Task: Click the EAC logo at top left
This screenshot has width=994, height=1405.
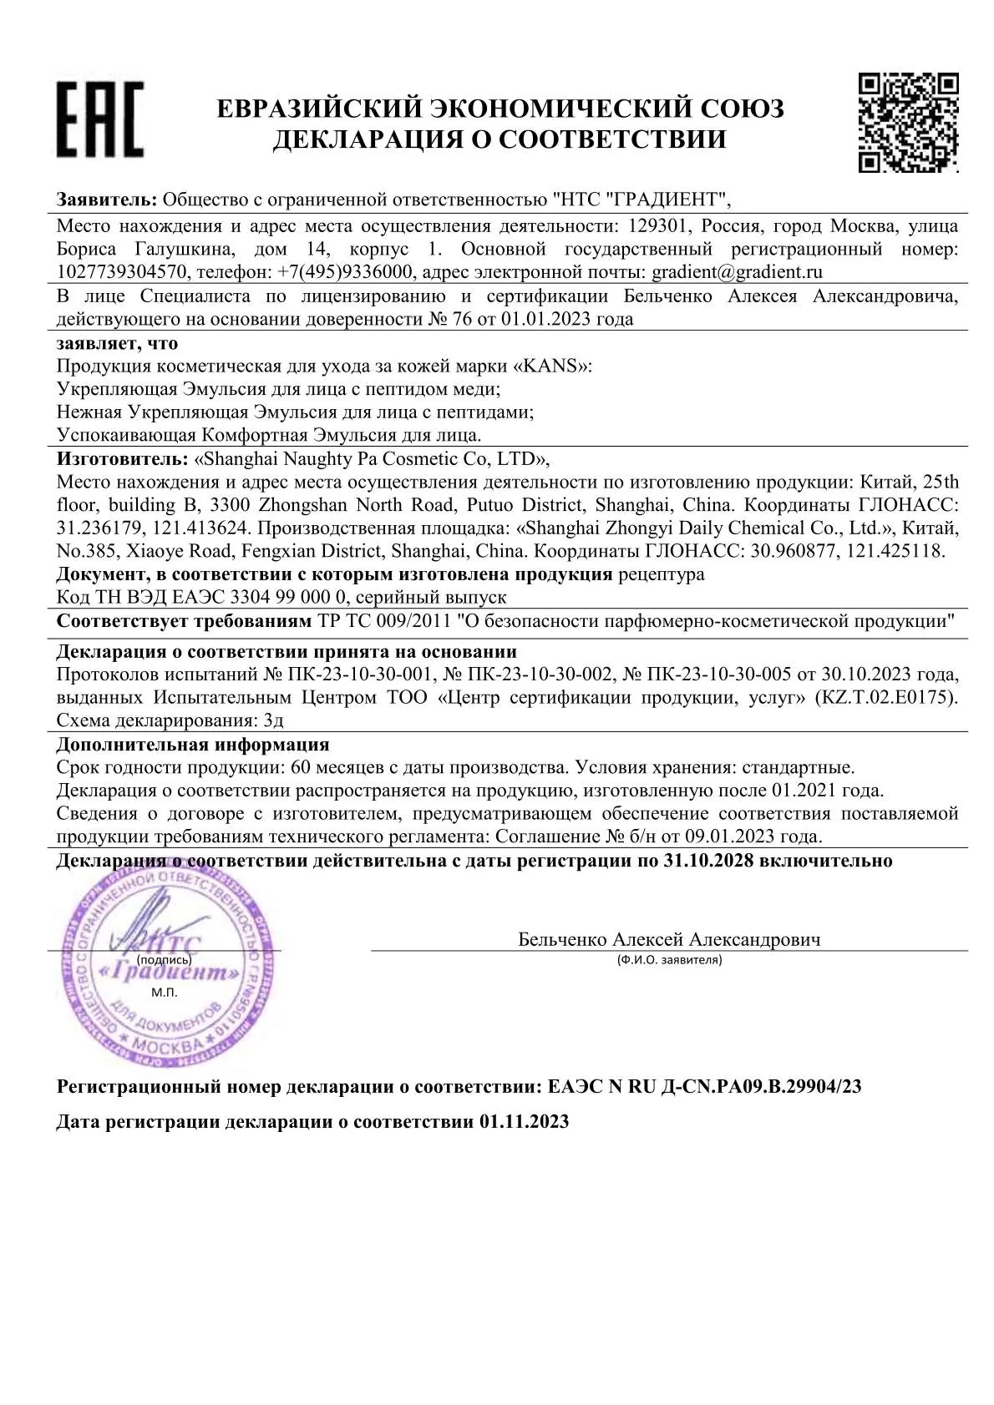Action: tap(100, 119)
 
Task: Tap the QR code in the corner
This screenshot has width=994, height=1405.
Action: tap(908, 122)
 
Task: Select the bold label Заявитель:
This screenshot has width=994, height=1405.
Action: tap(107, 200)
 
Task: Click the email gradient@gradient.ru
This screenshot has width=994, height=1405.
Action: tap(737, 272)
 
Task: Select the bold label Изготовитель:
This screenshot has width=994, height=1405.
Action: tap(122, 459)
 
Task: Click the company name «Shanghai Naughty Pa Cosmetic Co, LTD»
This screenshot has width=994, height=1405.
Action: tap(371, 459)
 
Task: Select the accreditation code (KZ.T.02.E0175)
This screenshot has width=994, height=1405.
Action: tap(885, 697)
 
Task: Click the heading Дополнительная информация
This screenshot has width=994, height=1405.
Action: tap(193, 744)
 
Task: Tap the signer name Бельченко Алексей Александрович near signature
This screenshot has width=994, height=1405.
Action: tap(669, 939)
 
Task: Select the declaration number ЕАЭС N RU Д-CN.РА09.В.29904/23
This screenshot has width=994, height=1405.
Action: tap(704, 1086)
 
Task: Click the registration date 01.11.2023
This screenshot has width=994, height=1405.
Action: tap(525, 1121)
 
